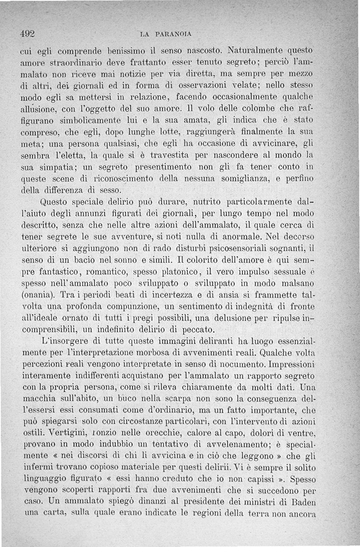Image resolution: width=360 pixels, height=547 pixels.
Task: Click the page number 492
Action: pos(28,33)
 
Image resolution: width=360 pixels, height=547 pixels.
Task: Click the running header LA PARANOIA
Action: pos(166,33)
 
